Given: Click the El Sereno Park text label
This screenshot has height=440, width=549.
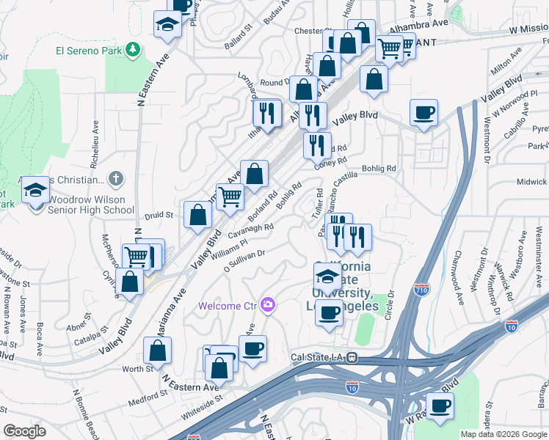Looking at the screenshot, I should coord(87,51).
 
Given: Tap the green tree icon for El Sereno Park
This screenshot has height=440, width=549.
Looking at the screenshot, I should coord(133,50).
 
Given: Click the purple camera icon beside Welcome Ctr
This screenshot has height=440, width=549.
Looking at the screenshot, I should coord(268,304).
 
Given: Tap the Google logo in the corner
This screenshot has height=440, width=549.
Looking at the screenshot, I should coord(24,431).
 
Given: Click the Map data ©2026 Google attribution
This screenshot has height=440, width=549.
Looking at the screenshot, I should coord(503,434).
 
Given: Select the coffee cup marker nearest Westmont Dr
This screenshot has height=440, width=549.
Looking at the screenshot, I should coord(423,113).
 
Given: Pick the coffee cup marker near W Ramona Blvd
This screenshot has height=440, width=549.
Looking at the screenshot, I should coord(440,407).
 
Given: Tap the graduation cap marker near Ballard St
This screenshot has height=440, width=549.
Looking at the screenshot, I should coord(168,24).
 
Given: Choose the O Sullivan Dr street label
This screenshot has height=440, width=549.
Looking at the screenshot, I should coord(244,260).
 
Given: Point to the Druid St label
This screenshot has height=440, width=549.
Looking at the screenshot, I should coord(158,216).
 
